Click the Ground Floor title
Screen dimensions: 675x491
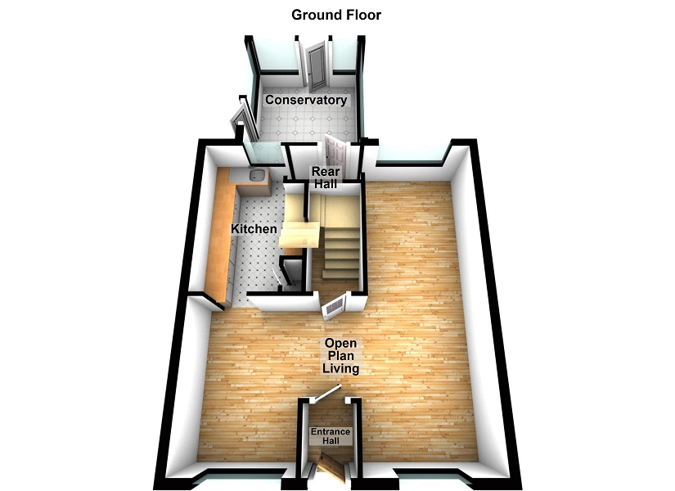coord(336,15)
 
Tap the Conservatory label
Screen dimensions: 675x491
coord(305,100)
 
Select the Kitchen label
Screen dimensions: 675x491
coord(254,229)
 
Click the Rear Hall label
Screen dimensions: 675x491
coord(325,178)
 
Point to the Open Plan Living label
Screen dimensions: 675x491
coord(340,356)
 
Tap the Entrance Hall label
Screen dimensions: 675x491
coord(330,436)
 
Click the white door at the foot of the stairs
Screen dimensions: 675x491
coord(335,306)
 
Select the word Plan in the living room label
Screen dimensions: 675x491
coord(340,356)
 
